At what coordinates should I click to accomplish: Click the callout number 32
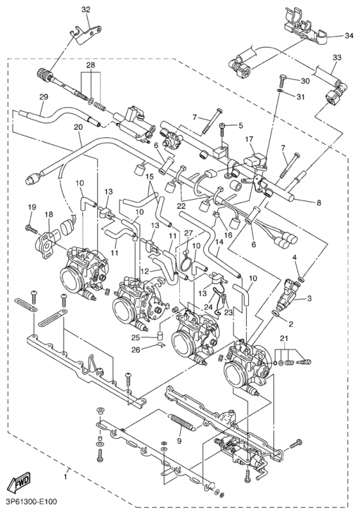(x=86, y=9)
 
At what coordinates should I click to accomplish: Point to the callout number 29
(x=43, y=97)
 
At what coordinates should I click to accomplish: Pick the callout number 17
(x=249, y=138)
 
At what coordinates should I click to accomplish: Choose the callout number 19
(x=31, y=206)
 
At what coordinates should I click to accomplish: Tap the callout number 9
(x=179, y=441)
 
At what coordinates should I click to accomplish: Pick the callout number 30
(x=305, y=81)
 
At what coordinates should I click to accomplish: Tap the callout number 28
(x=91, y=67)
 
